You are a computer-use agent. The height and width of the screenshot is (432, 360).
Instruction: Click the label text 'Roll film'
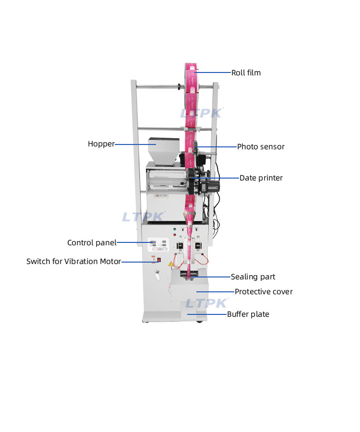246,73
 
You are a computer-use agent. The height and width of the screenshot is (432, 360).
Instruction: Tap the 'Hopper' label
101,144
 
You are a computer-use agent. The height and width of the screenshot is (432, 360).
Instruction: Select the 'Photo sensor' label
261,147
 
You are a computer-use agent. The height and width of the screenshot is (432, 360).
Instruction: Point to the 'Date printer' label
261,178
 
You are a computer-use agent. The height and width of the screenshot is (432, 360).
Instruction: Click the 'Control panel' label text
92,243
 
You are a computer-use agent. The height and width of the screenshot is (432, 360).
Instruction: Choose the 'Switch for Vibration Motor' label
73,262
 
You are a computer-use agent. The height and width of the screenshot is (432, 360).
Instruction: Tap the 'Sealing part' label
253,277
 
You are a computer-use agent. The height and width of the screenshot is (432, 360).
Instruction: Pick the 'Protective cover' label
264,292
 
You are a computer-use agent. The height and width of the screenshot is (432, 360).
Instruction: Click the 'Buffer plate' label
248,314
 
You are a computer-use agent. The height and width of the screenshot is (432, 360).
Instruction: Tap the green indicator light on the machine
175,229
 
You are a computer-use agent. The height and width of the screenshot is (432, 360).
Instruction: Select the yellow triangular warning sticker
169,264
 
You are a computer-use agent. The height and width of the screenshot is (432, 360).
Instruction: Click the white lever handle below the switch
156,275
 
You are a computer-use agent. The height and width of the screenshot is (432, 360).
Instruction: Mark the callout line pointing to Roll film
214,73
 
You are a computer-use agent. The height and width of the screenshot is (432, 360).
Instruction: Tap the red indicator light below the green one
175,235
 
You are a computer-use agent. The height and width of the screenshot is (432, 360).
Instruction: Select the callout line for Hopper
134,144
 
